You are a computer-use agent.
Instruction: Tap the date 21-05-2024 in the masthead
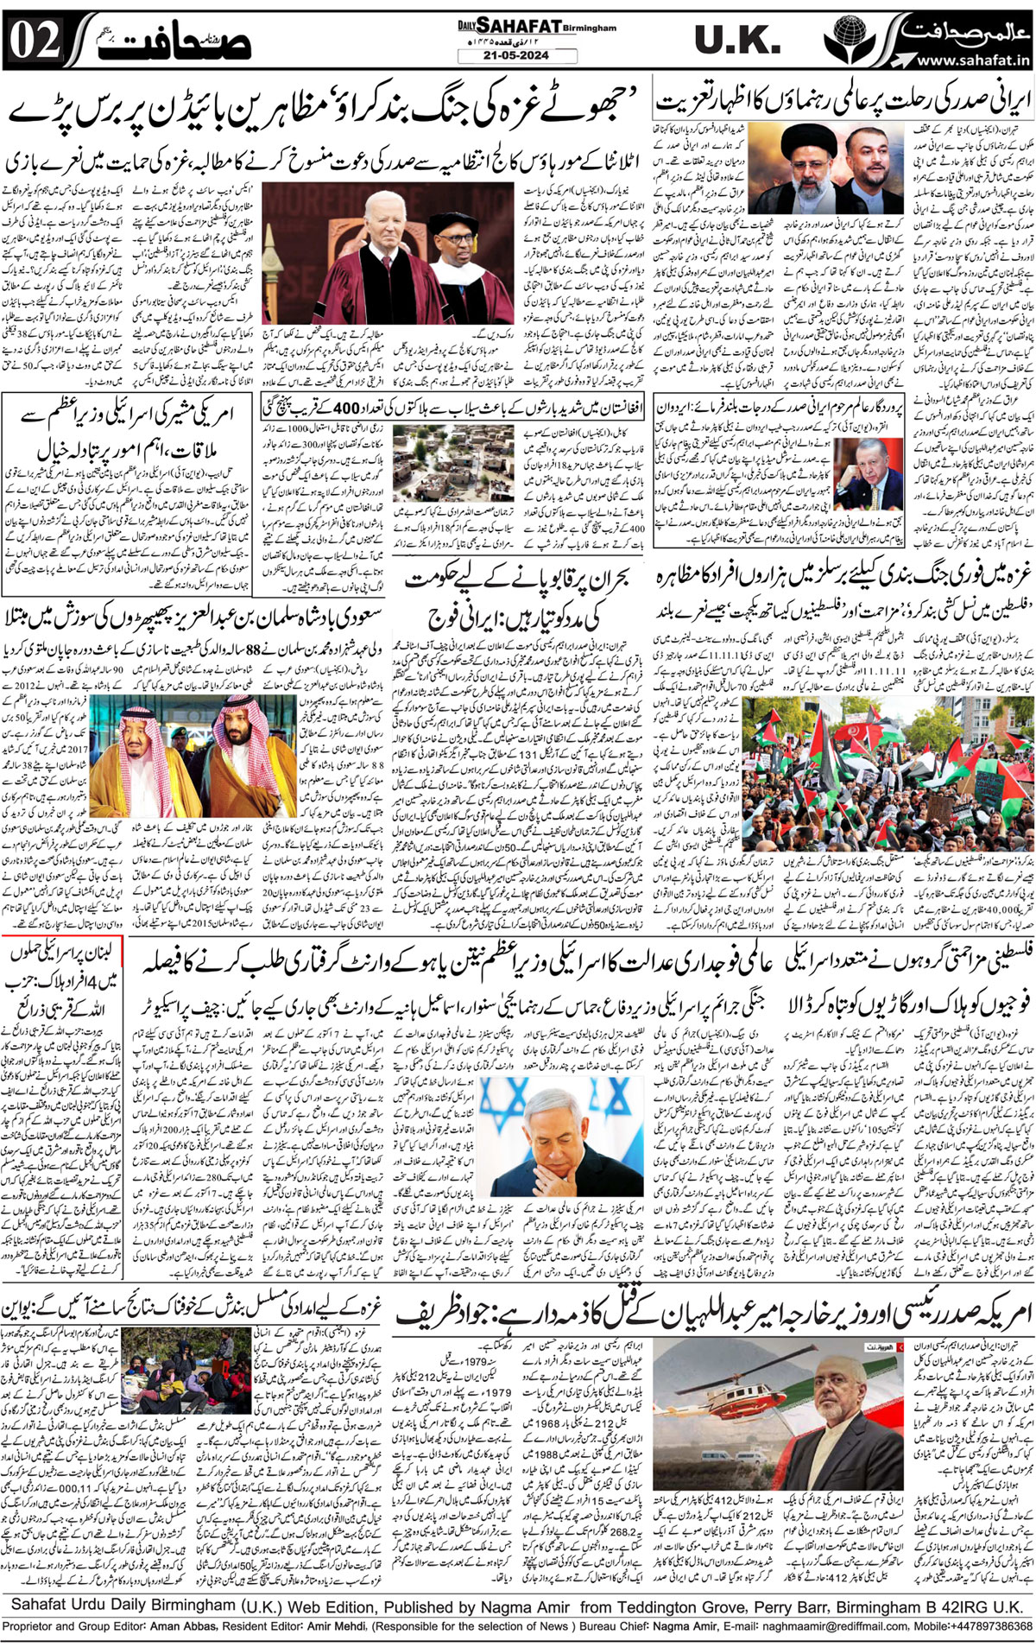point(516,56)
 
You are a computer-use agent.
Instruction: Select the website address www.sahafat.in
point(972,60)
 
